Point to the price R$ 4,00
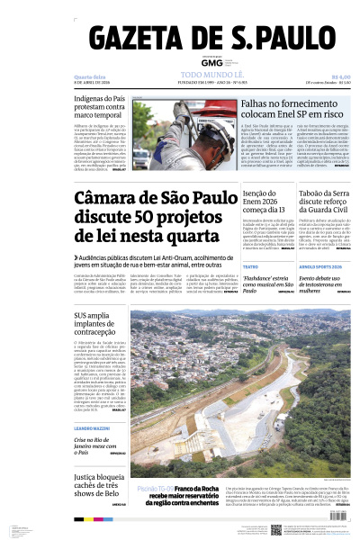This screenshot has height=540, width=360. (x=340, y=76)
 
